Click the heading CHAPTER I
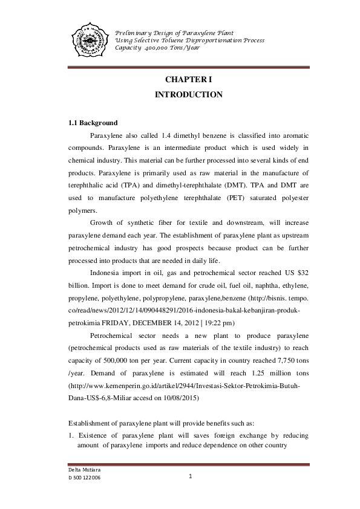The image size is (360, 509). pos(189,80)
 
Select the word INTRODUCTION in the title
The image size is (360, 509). pos(189,95)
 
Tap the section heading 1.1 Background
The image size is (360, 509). pos(93,123)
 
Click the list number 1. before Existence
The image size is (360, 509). pos(70,435)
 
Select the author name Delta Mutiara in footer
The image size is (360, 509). pos(83,470)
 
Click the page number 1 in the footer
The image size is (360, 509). pos(190,476)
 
